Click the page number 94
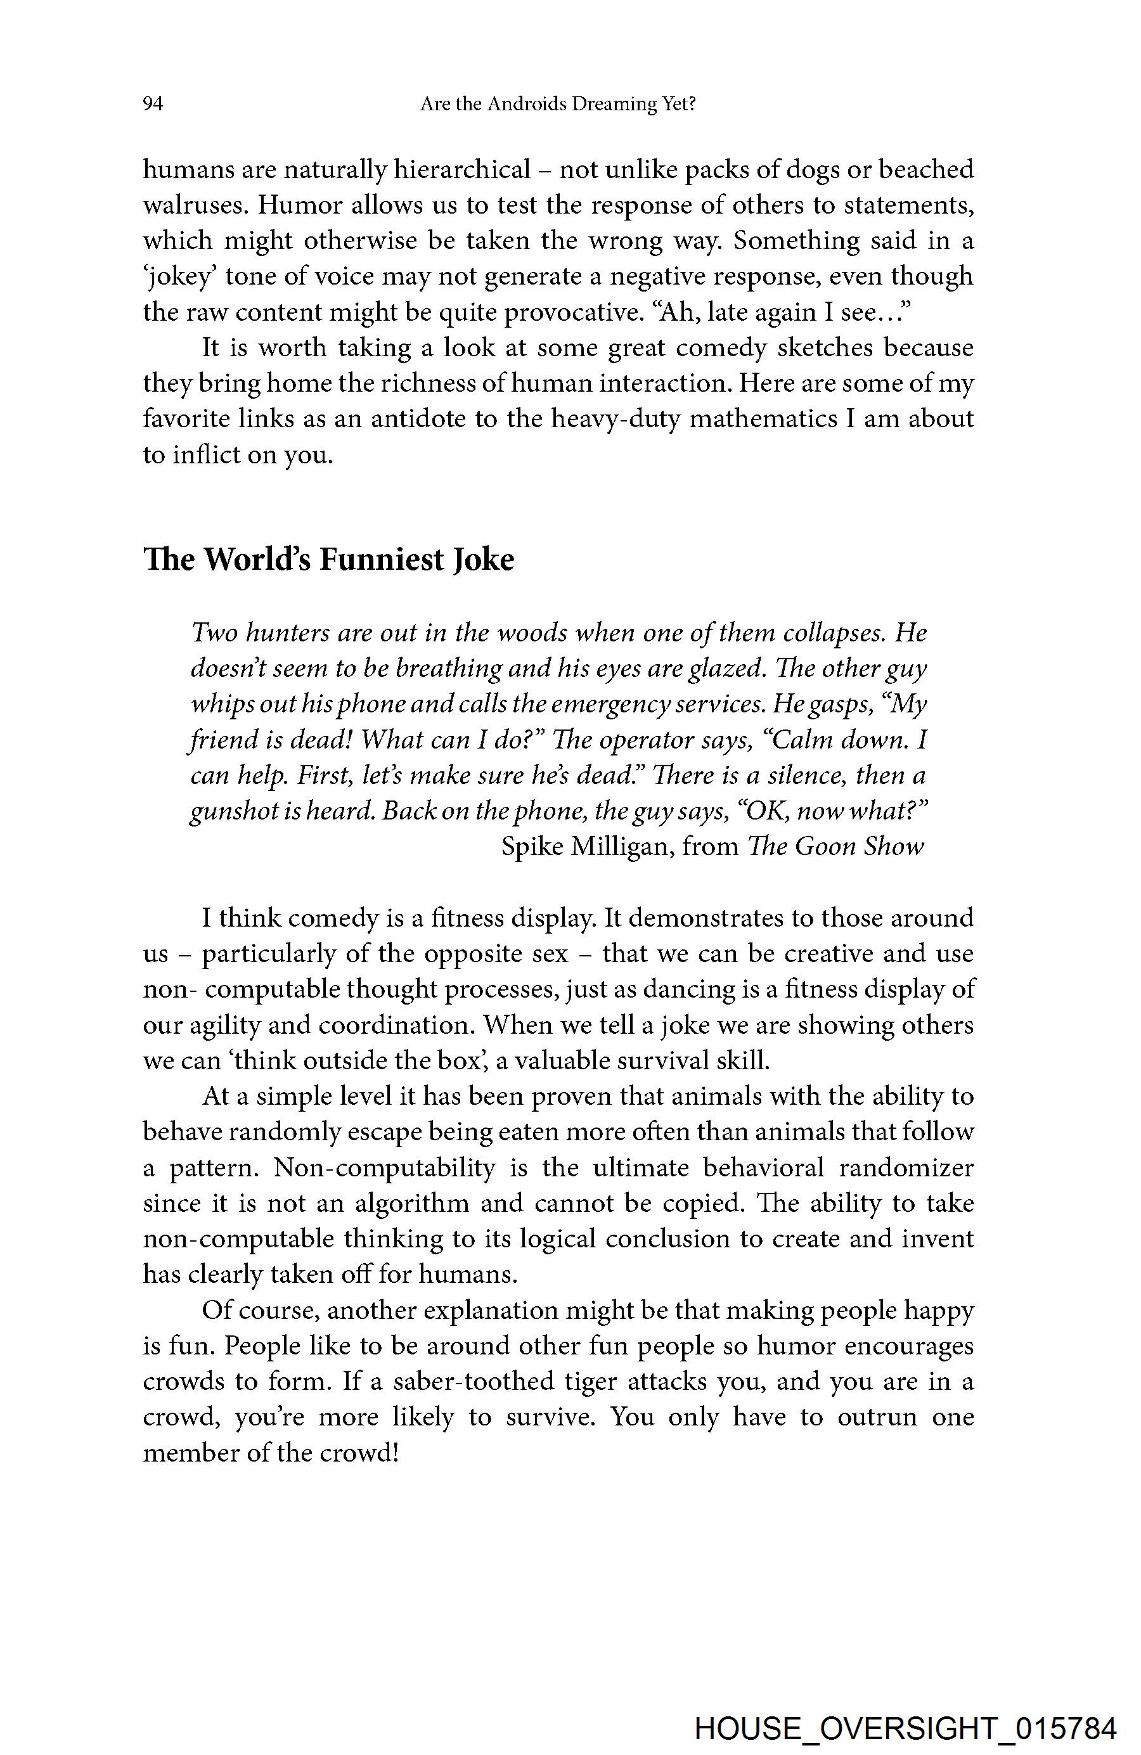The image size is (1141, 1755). coord(153,105)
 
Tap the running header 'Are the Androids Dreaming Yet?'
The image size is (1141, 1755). coord(558,105)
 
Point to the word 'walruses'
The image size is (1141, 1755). coord(193,206)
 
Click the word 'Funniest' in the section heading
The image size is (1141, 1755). coord(378,560)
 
